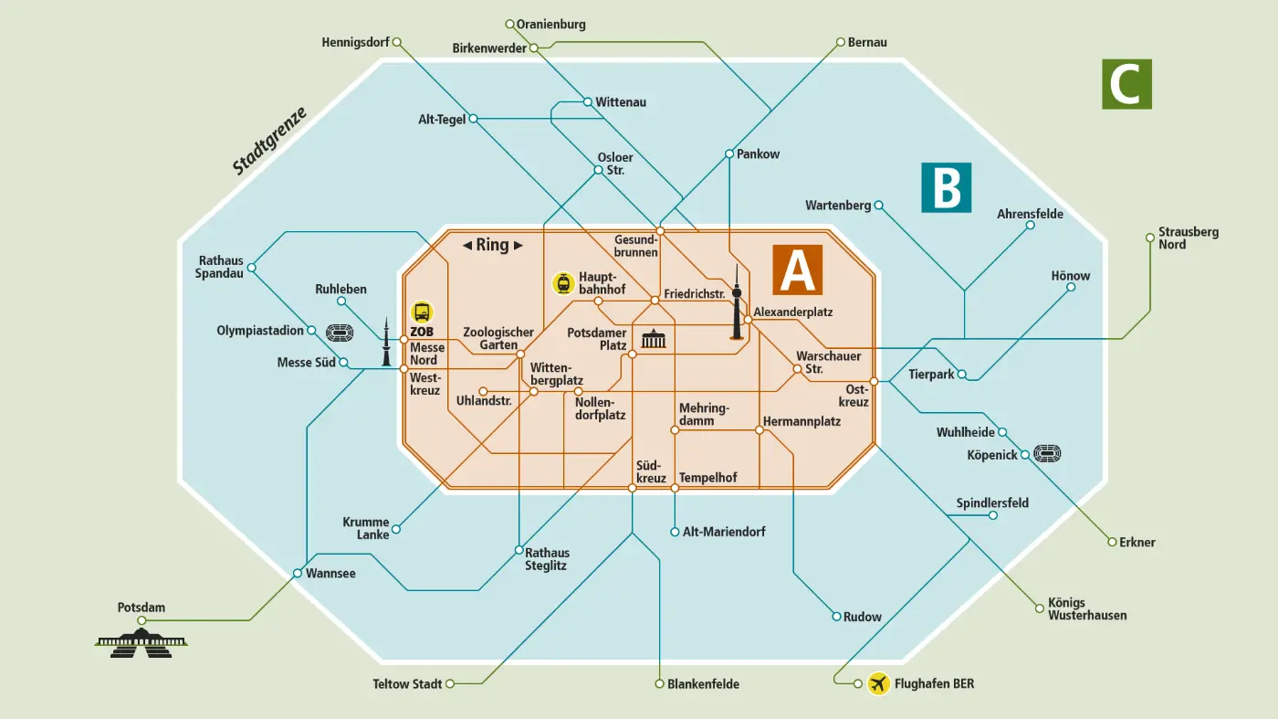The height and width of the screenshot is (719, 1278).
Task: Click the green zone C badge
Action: [1126, 84]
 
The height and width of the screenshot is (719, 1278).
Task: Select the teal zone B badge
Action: [946, 188]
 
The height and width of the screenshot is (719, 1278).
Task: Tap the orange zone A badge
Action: [797, 270]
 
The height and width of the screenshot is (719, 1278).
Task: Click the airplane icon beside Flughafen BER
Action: [878, 683]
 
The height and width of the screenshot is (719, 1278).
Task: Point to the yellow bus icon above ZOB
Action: [422, 312]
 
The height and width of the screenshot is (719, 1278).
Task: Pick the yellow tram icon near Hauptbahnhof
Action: [562, 283]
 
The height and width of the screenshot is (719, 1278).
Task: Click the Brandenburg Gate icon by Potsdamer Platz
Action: [655, 340]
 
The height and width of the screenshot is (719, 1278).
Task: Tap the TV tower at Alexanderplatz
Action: [737, 301]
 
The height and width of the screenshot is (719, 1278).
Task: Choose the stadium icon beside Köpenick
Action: [1046, 454]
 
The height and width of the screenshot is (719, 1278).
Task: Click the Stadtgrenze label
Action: [269, 141]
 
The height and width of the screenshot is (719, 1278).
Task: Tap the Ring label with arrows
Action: [493, 245]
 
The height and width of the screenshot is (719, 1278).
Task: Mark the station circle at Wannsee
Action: [297, 574]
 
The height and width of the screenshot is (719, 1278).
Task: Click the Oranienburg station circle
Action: [510, 24]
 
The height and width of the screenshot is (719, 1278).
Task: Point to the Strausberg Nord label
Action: [1188, 238]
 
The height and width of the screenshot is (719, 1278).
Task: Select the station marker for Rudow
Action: [836, 617]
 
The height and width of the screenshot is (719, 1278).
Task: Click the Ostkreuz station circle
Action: [874, 381]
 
